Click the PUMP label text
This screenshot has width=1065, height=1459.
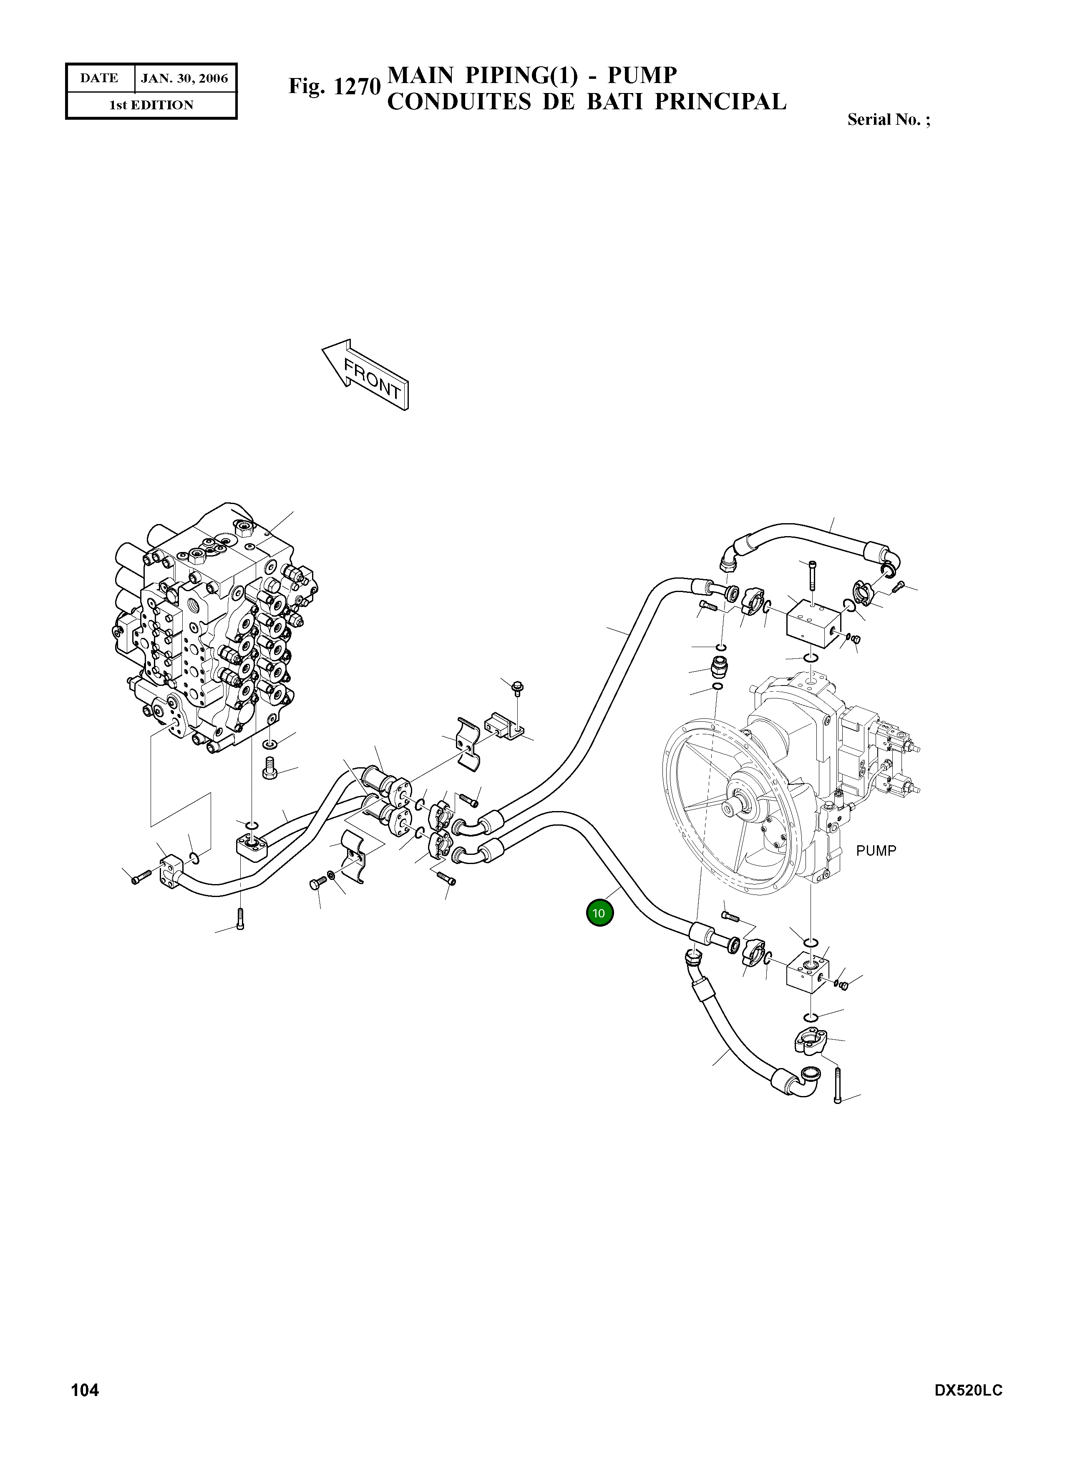[x=876, y=851]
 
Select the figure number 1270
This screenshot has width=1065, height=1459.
[x=357, y=86]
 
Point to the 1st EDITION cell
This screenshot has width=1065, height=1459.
[x=151, y=105]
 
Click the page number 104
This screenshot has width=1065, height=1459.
[x=84, y=1408]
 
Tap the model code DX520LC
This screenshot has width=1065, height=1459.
[x=968, y=1409]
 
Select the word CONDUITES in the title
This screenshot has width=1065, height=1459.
[x=459, y=102]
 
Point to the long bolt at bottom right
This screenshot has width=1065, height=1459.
[x=837, y=1085]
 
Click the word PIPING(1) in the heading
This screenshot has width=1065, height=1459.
[x=521, y=76]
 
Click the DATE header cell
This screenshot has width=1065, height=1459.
[x=99, y=79]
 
